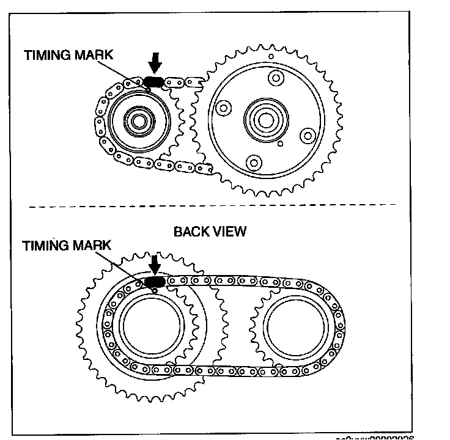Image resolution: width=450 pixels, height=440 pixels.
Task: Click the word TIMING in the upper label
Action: click(x=48, y=54)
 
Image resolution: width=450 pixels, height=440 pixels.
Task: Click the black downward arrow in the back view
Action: click(x=155, y=263)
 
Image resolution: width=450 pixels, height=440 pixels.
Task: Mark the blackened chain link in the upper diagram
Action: click(x=153, y=82)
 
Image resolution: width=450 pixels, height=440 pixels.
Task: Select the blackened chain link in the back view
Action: click(x=154, y=281)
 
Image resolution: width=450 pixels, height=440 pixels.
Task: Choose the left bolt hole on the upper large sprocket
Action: click(x=224, y=108)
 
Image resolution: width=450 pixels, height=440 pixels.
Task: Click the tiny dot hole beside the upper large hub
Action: click(x=280, y=144)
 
